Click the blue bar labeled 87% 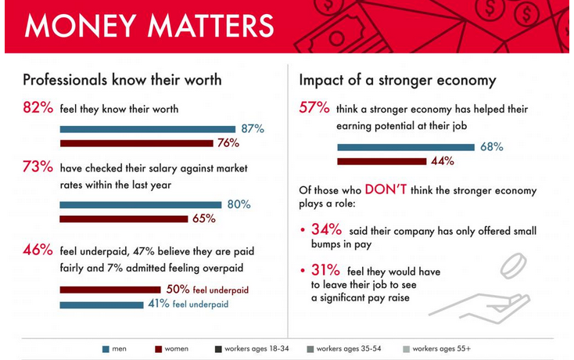click(x=148, y=129)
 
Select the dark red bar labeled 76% click(x=137, y=143)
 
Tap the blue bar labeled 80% click(x=141, y=205)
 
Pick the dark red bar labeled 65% click(x=124, y=219)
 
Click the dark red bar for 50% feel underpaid click(x=110, y=290)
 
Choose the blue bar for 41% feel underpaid click(x=102, y=304)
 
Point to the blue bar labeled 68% click(x=406, y=147)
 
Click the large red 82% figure click(x=38, y=109)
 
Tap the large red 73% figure click(x=38, y=167)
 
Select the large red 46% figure click(x=38, y=250)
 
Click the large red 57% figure click(x=314, y=109)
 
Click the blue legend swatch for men click(x=106, y=347)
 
